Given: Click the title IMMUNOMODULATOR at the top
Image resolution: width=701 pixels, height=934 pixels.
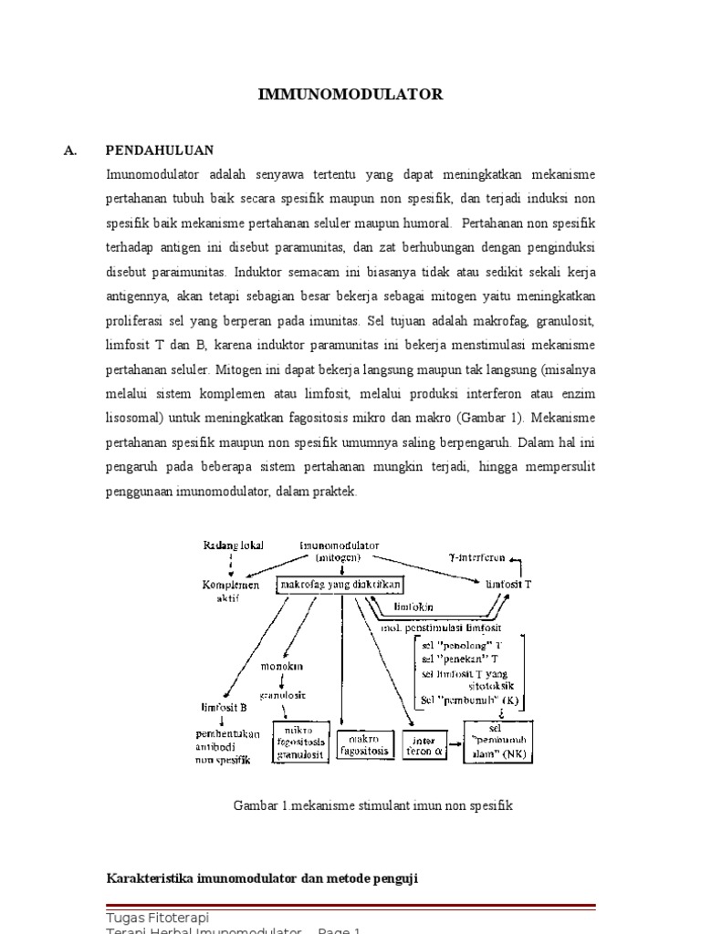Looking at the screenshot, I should [351, 94].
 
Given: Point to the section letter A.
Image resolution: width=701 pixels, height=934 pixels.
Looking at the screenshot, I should [70, 150].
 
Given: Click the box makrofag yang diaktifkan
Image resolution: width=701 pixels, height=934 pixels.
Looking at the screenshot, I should [340, 583].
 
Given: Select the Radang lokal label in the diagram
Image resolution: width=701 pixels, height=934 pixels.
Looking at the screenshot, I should [233, 545].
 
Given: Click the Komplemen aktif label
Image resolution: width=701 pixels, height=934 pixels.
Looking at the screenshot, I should [231, 590].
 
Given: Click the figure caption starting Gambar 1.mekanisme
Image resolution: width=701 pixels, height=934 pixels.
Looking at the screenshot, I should [374, 805].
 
